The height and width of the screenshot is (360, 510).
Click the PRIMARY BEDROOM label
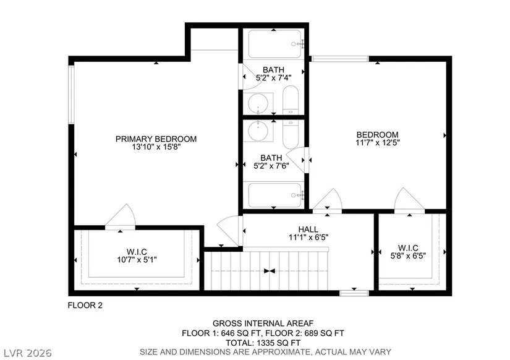[156, 139]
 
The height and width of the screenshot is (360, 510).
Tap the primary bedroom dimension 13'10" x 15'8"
[156, 147]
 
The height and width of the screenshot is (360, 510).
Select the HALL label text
[308, 229]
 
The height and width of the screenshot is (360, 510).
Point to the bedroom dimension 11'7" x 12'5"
[378, 142]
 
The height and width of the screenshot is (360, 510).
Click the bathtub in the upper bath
[275, 44]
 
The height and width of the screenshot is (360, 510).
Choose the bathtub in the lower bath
[275, 195]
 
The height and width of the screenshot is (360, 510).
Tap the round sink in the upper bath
[258, 103]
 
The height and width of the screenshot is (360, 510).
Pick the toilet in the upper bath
[291, 100]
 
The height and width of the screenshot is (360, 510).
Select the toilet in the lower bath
[291, 134]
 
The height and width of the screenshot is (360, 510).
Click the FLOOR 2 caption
[85, 306]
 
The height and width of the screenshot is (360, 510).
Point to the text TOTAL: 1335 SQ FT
[263, 343]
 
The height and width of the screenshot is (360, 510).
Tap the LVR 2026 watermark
[28, 353]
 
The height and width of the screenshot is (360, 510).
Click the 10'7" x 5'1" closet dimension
[137, 260]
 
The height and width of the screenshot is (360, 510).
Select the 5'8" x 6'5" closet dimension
[408, 256]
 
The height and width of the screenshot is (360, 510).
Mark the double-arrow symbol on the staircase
[270, 271]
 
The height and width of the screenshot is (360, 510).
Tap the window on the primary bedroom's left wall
[71, 95]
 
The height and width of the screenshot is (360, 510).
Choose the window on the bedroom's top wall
[340, 59]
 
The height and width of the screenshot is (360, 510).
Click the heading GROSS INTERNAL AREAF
[263, 324]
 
